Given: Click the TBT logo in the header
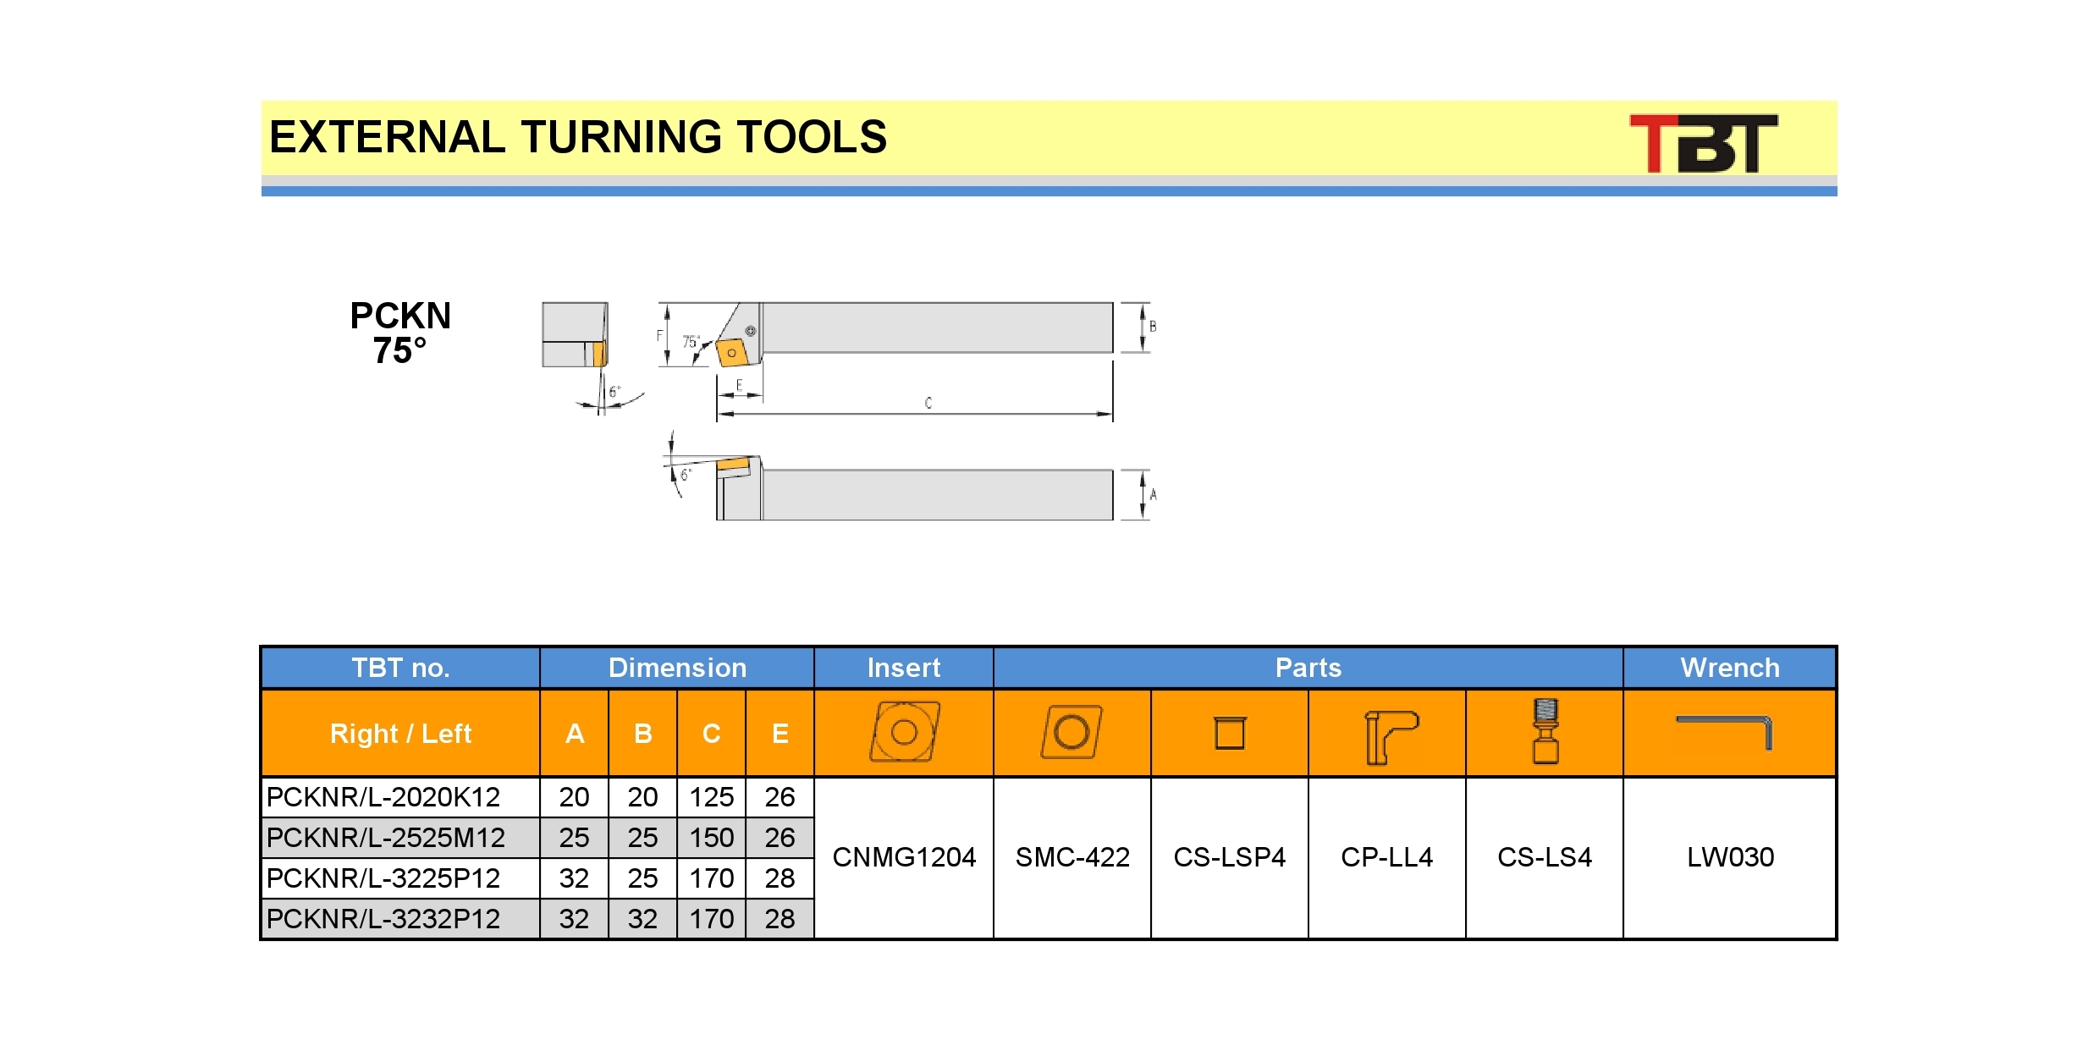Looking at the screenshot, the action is coord(1703,143).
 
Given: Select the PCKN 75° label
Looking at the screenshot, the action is coord(400,333).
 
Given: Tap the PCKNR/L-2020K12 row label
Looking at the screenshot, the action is coord(383,797).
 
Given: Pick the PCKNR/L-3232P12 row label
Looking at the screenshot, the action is coord(383,919).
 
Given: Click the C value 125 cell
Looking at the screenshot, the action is coord(711,797).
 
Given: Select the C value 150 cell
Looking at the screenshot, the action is coord(711,838).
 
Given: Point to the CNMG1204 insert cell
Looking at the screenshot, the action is coord(904,857).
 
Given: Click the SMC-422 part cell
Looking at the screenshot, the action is coord(1072,857).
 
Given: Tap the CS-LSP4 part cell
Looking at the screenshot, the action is coord(1230,857).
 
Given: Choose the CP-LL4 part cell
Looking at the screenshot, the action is coord(1387,857).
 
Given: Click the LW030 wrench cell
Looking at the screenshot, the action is coord(1730,857).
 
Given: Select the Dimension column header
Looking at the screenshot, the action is coord(677,668).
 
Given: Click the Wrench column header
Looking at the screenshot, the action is coord(1730,668).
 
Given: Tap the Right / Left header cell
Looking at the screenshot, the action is coord(400,734).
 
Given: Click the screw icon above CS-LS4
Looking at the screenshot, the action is coord(1545,731).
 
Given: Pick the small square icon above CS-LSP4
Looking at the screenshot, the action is coord(1230,733).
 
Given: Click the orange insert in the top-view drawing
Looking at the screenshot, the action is coord(732,353).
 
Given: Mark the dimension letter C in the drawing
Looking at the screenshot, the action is coord(928,403).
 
